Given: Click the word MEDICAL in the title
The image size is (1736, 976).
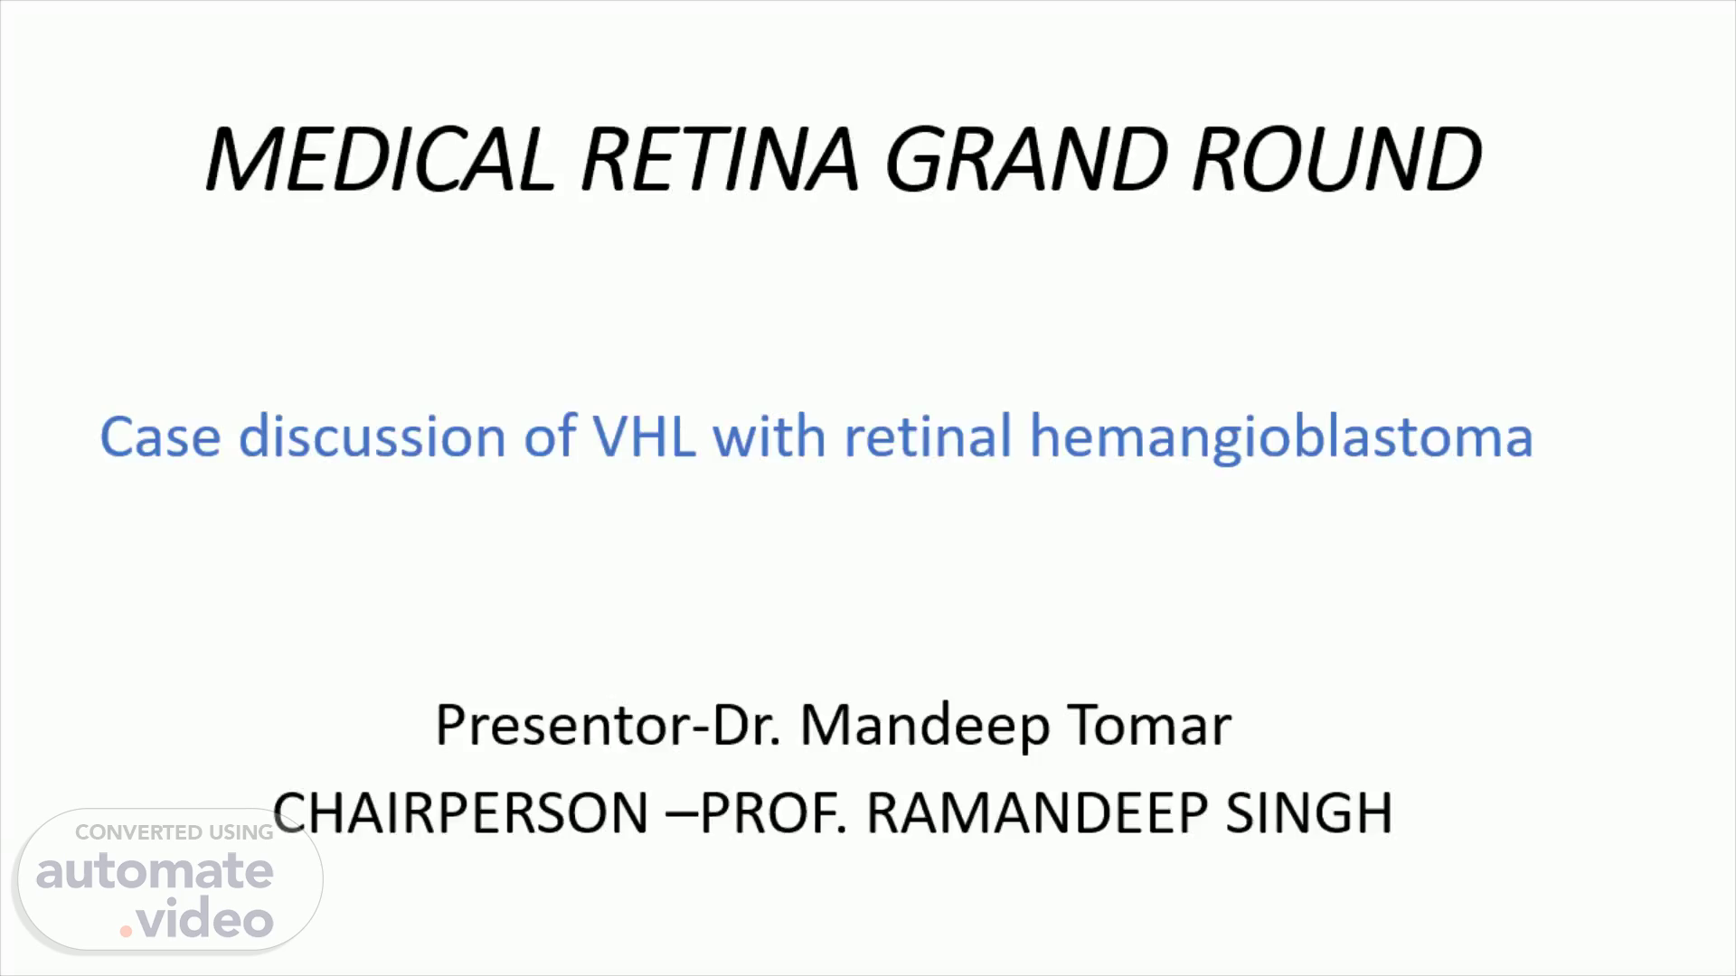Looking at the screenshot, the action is coord(380,159).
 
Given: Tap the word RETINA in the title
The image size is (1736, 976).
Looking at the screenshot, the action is coord(719,159).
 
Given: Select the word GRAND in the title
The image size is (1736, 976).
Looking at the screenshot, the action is coord(1027,159).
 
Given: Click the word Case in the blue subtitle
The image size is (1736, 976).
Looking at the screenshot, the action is coord(160,436).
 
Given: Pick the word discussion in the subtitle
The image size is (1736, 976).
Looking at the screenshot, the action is coord(371,436).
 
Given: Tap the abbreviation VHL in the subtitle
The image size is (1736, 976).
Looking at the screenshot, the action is coord(644,436).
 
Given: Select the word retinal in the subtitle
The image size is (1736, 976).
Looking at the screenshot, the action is coord(928,436).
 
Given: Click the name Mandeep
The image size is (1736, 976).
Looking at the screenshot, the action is coord(925,727).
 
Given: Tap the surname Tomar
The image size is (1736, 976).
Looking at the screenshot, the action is coord(1150,725).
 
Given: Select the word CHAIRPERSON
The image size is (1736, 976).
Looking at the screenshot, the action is coord(461,812).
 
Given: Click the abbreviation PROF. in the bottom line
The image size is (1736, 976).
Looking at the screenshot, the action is coord(774,812).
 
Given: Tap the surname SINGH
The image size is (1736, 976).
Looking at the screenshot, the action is coord(1309,812).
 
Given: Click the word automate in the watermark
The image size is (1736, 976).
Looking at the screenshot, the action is coord(155,871).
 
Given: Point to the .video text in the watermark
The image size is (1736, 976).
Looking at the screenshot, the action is coord(196,920).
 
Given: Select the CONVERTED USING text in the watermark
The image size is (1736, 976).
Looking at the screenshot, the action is coord(175,832).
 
